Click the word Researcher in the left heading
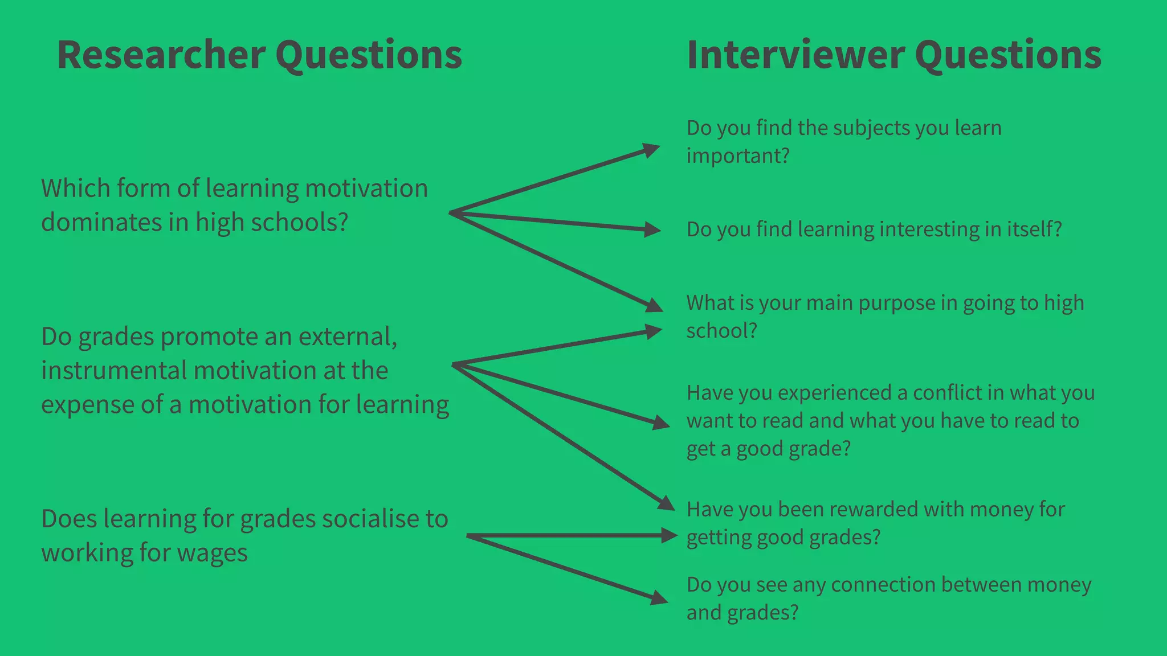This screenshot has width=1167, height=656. pos(161,55)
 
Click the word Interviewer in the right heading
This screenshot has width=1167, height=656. pos(795,55)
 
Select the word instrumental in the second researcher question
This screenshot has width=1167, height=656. pos(114,371)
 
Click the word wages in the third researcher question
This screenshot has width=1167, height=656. pos(214,553)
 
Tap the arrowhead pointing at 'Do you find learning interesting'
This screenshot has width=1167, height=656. pos(652,229)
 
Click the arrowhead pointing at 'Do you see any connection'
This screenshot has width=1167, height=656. pos(659,598)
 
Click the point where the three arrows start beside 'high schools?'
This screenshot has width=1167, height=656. pos(451,213)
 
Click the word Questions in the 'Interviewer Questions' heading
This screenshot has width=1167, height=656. pos(1007,55)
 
